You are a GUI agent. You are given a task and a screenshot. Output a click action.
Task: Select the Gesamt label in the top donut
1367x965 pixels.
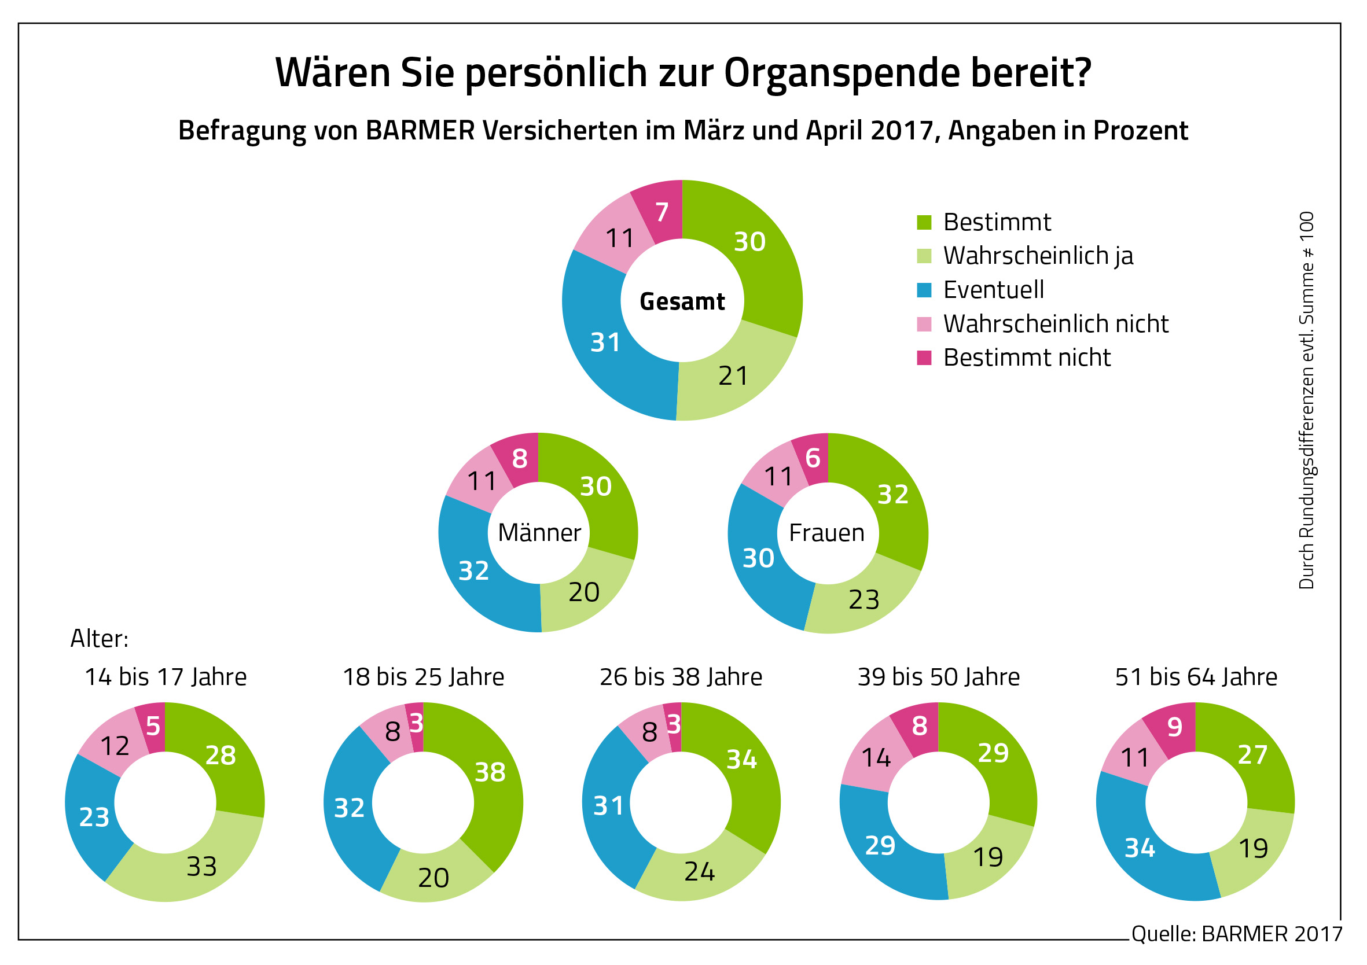(x=682, y=302)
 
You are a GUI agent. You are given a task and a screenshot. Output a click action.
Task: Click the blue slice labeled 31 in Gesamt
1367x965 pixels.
(x=605, y=343)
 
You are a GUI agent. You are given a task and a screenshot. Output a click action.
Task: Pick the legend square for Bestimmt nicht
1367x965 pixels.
(x=924, y=358)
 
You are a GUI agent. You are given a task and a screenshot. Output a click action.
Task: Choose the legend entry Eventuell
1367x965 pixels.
(x=994, y=290)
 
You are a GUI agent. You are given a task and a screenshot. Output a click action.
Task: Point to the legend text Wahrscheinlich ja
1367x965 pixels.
(x=1038, y=256)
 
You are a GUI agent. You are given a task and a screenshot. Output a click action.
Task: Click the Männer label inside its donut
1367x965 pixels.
(x=539, y=533)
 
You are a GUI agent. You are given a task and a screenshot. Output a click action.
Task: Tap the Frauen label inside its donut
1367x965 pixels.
(x=827, y=533)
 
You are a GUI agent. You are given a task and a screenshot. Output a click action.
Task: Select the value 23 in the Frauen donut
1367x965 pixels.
(x=864, y=599)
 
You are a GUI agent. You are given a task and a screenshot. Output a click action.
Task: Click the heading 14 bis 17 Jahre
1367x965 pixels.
(x=166, y=677)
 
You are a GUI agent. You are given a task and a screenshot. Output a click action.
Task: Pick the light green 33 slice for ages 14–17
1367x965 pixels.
(x=201, y=867)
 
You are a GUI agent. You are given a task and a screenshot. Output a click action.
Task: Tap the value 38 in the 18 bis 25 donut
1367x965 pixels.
(x=490, y=773)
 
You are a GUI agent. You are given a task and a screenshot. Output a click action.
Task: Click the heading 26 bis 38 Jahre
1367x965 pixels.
(x=681, y=677)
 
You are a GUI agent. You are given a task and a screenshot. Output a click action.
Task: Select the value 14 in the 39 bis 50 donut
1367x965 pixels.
(x=876, y=758)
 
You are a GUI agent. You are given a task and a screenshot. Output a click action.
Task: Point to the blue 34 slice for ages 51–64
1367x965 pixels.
(x=1140, y=848)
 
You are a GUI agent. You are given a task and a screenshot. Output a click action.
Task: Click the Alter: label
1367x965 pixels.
(x=100, y=639)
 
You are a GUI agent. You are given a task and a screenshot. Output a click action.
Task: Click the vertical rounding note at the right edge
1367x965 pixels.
(x=1306, y=400)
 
